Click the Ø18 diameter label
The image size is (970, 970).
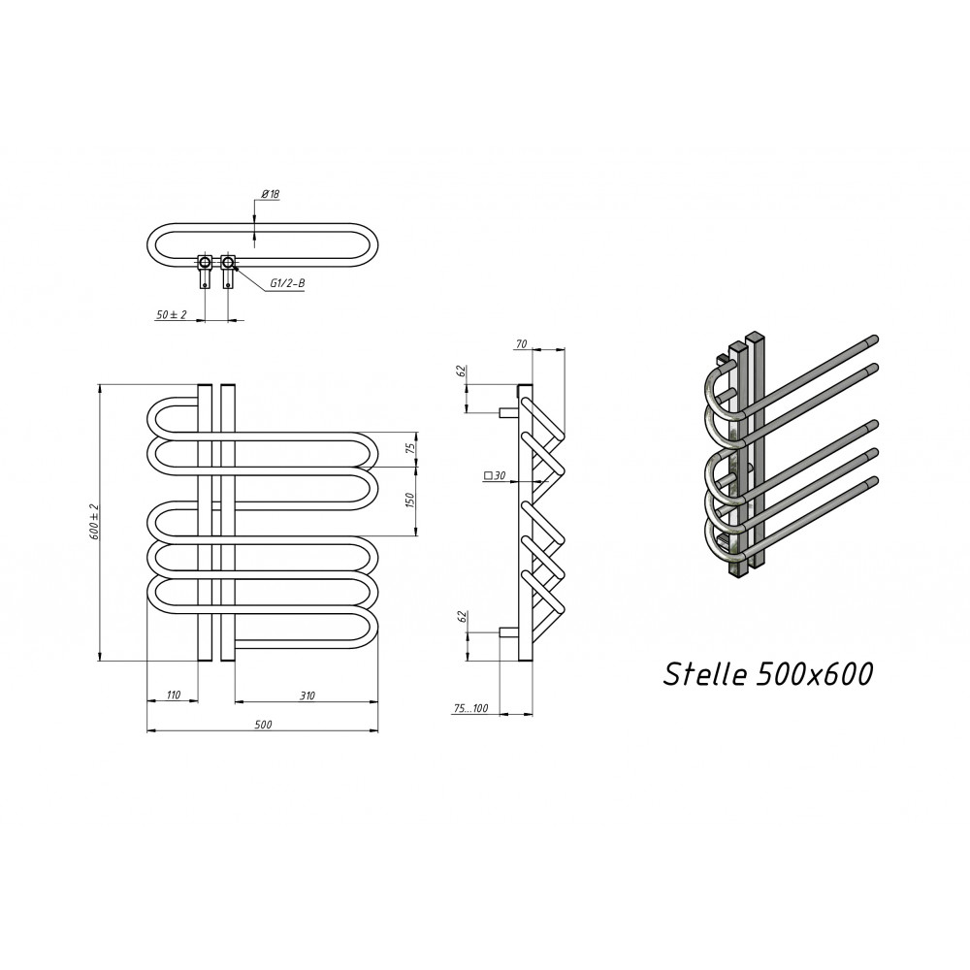tap(271, 194)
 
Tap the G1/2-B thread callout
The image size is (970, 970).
tap(287, 283)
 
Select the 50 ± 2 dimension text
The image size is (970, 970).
tap(172, 315)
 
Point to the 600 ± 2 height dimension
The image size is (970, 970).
tap(95, 522)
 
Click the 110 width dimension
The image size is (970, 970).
tap(174, 695)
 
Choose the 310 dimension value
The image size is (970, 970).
tap(307, 695)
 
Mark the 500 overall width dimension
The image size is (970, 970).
tap(263, 725)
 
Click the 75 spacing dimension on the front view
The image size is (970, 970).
tap(410, 448)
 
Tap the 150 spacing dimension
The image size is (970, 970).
tap(410, 500)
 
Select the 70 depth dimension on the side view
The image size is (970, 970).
tap(521, 344)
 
